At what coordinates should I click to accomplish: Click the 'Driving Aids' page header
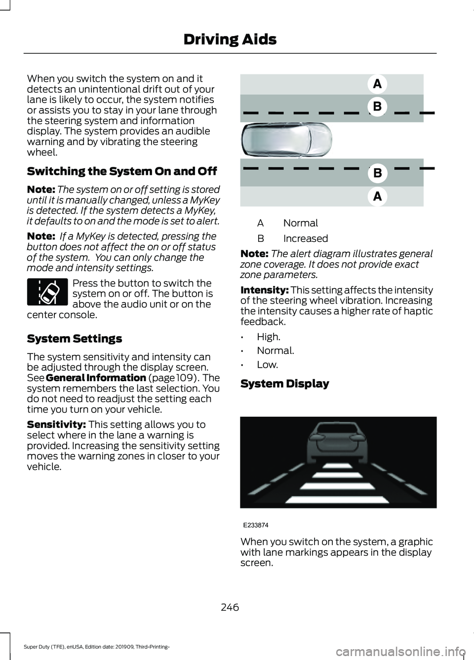tap(230, 39)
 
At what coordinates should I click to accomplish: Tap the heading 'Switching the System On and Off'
tap(122, 171)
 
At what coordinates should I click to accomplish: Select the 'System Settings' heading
tap(74, 339)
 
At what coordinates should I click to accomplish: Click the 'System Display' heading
tap(284, 384)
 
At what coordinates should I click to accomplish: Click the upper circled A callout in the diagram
tap(377, 84)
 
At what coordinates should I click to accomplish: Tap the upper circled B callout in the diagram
tap(377, 106)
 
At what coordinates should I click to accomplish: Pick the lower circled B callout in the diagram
tap(377, 173)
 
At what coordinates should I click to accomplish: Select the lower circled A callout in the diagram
tap(377, 196)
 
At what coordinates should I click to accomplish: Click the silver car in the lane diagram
tap(286, 140)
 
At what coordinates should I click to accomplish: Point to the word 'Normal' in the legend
tap(300, 223)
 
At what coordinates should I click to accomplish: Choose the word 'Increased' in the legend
tap(305, 238)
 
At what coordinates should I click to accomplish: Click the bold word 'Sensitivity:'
tap(56, 425)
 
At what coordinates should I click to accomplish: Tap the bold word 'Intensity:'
tap(264, 290)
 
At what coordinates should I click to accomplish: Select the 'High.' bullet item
tap(268, 337)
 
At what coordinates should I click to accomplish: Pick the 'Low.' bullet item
tap(267, 365)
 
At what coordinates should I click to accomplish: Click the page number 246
tap(230, 607)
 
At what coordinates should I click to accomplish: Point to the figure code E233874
tap(255, 525)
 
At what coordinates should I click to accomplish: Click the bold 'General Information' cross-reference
tap(96, 378)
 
